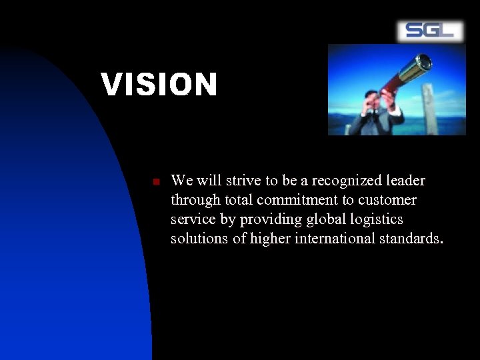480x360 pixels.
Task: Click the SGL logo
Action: pyautogui.click(x=430, y=31)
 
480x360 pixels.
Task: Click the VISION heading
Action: pyautogui.click(x=159, y=85)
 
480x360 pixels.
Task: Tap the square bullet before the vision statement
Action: pyautogui.click(x=154, y=181)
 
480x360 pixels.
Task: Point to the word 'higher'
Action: pyautogui.click(x=265, y=239)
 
